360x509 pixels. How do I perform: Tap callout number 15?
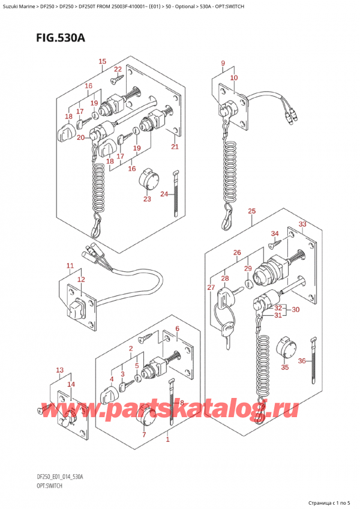103,61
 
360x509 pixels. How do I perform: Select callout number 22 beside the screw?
118,70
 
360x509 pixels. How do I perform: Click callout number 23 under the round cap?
147,199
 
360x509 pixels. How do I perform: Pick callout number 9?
223,63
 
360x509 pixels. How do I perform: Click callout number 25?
251,211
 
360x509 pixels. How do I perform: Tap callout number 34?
275,233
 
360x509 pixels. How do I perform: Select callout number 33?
302,224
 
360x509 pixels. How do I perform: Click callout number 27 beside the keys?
211,288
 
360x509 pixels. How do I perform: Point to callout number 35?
284,367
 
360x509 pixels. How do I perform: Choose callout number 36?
302,360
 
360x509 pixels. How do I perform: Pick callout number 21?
175,147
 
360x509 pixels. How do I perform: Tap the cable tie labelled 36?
314,360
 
